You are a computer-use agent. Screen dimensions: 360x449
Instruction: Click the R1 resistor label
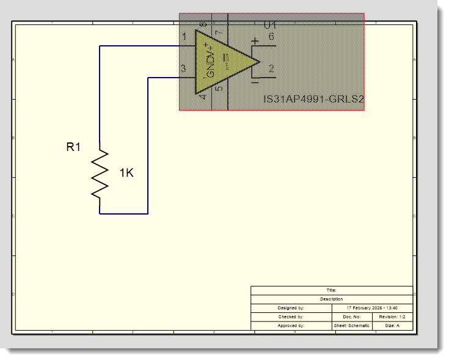73,147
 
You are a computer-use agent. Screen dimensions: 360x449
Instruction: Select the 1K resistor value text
126,174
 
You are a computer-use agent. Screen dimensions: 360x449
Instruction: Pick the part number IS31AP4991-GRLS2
313,100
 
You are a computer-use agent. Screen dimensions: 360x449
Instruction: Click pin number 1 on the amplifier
185,38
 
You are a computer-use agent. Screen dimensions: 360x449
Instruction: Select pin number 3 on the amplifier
183,68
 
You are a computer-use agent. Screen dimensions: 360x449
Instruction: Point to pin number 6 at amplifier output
271,38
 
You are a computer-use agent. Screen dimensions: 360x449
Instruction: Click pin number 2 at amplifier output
271,69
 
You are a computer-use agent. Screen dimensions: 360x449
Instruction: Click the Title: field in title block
332,290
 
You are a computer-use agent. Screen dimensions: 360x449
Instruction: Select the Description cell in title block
332,299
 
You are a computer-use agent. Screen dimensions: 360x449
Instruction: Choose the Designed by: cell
291,308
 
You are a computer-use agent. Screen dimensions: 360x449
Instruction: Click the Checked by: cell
291,317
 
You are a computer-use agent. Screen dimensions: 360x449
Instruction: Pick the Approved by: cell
291,326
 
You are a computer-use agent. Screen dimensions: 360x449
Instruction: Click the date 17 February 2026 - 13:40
372,308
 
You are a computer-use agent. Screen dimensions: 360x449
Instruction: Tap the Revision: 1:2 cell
392,317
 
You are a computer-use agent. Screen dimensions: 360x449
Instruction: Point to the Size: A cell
392,326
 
